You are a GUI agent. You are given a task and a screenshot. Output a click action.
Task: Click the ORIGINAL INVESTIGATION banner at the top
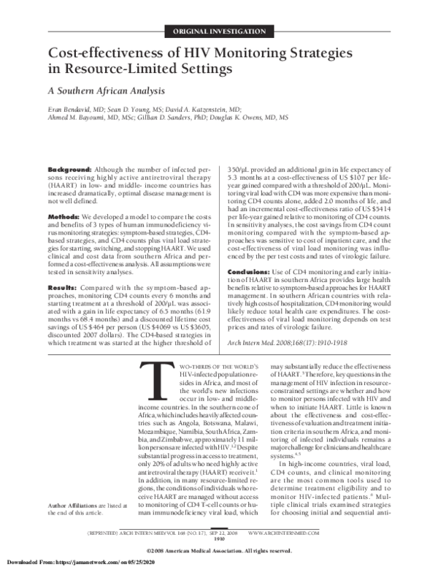pyautogui.click(x=219, y=31)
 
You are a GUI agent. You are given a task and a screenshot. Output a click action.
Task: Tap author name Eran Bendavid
pyautogui.click(x=72, y=107)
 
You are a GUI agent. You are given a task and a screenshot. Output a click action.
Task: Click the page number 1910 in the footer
pyautogui.click(x=219, y=540)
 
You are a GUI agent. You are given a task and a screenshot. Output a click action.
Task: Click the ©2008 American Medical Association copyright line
pyautogui.click(x=219, y=550)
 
